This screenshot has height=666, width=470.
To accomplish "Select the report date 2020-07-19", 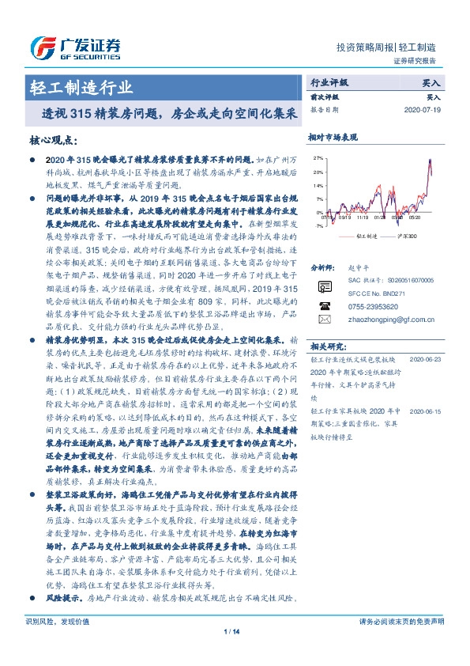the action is pos(426,110).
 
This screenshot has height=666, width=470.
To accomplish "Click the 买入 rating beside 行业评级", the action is pos(432,82).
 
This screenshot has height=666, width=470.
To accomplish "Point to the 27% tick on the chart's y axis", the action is pos(318,158).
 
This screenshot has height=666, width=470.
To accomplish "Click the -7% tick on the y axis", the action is pos(318,225).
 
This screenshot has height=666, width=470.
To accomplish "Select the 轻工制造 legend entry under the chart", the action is pos(364,237).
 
